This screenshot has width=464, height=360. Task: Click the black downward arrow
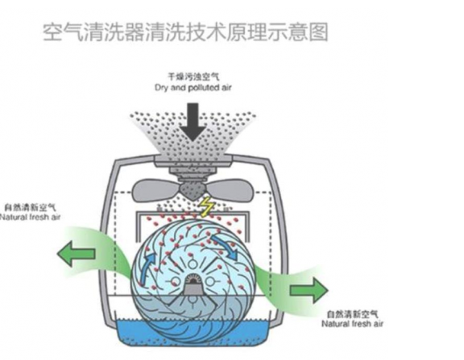[193, 122]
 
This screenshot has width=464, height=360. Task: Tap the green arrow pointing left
[76, 254]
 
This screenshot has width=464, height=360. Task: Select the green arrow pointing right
[309, 291]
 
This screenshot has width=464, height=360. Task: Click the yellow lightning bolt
[205, 207]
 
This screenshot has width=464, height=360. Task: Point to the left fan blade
[156, 189]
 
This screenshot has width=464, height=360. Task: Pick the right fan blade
[230, 188]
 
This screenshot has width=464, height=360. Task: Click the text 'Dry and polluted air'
[193, 88]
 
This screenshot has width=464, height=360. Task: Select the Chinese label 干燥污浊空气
[194, 77]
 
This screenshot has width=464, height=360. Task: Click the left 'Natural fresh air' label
[30, 217]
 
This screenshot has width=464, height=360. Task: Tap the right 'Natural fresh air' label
[352, 324]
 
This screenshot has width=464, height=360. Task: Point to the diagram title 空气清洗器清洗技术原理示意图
[185, 32]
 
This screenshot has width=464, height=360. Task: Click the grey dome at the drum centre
[193, 286]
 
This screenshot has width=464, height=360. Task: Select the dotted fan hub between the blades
[193, 190]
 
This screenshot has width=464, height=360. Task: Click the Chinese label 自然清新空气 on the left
[30, 207]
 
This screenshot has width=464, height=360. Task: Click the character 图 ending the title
[318, 32]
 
